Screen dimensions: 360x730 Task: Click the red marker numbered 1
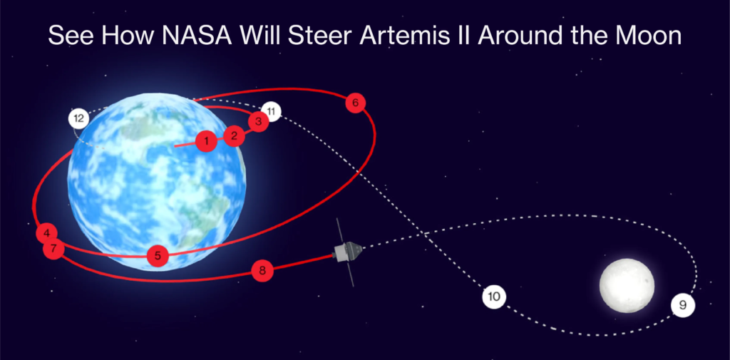pos(205,141)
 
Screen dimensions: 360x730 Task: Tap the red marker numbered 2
pos(234,135)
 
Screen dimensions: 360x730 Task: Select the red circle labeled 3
pos(258,122)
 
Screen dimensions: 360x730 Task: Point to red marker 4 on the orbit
pos(46,233)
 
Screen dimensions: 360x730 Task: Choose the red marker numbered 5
pos(158,256)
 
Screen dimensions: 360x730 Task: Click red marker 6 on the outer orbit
pos(355,103)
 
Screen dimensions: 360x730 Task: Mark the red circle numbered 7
pos(53,250)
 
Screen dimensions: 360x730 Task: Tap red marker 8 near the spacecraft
pos(262,270)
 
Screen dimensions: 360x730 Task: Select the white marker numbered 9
pos(682,305)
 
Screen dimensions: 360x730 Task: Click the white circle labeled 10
pos(493,296)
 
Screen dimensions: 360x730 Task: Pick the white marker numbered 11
pos(271,111)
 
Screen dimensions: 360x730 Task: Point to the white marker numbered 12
pos(78,118)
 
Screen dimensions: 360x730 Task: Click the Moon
pos(627,285)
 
